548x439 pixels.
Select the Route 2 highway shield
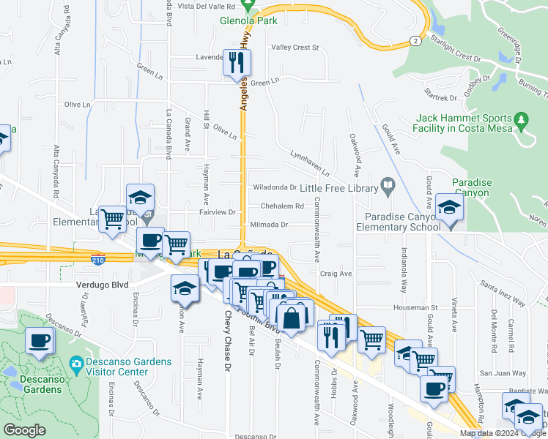click(415, 40)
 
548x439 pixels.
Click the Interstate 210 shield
click(99, 258)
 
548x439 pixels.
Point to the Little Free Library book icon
click(388, 187)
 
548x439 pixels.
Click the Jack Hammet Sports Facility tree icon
click(521, 118)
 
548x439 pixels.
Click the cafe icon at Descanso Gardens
click(39, 340)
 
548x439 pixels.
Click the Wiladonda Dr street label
click(274, 187)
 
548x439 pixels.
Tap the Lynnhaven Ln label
click(309, 160)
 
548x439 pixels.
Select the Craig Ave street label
click(336, 273)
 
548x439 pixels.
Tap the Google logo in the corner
click(24, 430)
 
